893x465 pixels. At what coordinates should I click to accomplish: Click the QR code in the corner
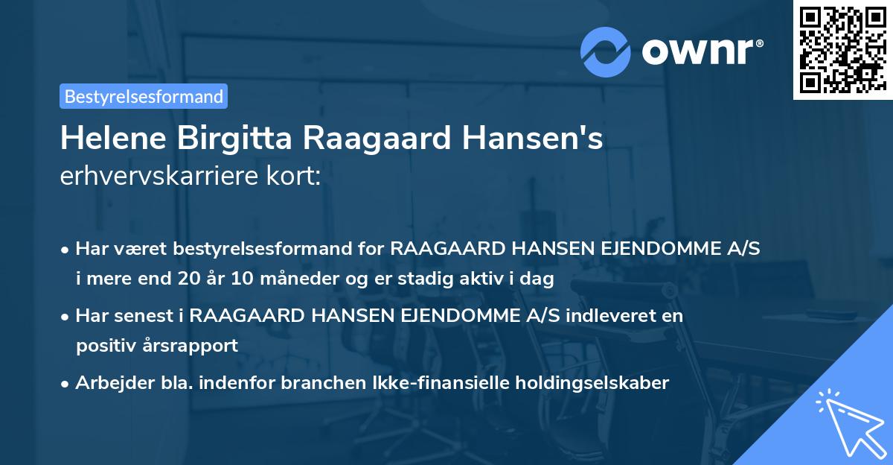(842, 50)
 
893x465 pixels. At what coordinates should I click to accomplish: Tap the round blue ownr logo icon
(606, 51)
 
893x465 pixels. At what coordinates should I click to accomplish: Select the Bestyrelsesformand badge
(144, 96)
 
